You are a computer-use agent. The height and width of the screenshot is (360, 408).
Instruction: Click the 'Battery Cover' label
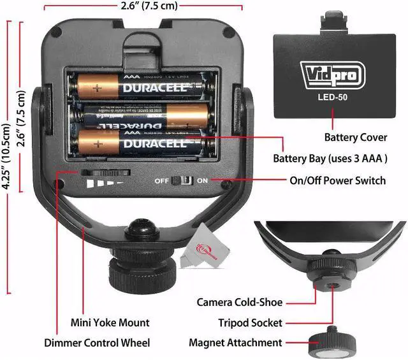click(355, 137)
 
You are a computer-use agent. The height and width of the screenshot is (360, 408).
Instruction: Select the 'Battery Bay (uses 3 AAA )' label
click(330, 158)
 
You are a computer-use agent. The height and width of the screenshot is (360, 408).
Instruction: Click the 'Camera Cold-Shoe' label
click(239, 302)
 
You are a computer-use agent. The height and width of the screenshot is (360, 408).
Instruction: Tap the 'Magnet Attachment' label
click(235, 343)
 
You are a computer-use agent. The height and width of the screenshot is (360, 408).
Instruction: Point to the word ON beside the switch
click(203, 181)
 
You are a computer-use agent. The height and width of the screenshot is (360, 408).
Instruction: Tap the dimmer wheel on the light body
click(106, 173)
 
